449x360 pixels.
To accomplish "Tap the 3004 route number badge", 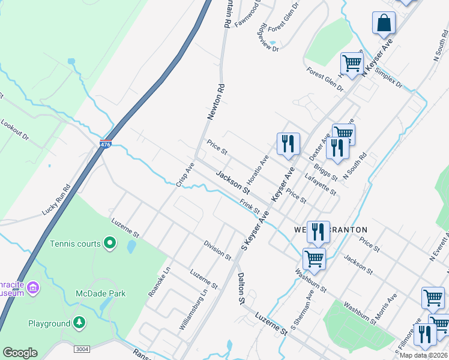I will (x=82, y=349).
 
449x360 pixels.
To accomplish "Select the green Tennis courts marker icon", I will (x=109, y=244).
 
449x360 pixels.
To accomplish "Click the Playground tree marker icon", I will (x=79, y=323).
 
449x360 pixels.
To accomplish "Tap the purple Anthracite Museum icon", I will (x=33, y=289).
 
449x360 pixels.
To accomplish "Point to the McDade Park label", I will (x=101, y=293).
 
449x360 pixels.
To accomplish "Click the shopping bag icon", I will (x=384, y=23).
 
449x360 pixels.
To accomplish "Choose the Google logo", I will (x=20, y=353).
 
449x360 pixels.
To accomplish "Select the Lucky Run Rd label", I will (x=56, y=200).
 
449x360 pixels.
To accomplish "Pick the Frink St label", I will (x=249, y=207).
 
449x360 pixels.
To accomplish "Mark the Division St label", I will (x=217, y=251).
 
